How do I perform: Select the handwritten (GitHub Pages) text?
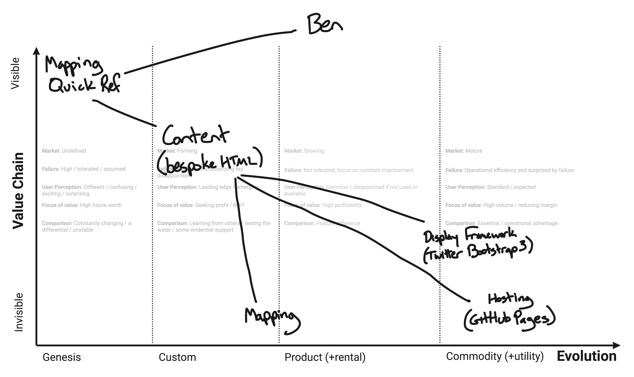pos(509,320)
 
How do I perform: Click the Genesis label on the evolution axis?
pos(62,357)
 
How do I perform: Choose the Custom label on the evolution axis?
pos(177,357)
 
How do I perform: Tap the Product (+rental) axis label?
pos(325,357)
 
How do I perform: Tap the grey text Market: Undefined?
pos(64,151)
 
